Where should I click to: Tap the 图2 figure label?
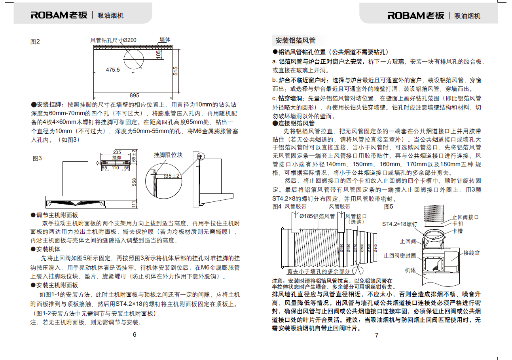(x=35, y=42)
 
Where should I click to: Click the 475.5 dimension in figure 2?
(x=112, y=70)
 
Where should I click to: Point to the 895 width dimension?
(x=135, y=95)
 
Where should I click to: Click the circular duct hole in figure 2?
(x=135, y=61)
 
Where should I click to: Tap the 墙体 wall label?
(x=165, y=40)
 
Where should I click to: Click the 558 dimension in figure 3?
(x=134, y=182)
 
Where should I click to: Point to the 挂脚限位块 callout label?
(x=168, y=155)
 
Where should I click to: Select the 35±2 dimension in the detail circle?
(x=172, y=175)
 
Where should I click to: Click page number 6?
(x=135, y=335)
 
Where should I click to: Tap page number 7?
(x=376, y=335)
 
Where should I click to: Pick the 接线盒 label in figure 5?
(x=472, y=252)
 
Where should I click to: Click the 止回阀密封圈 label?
(x=399, y=256)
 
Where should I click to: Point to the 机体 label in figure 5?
(x=410, y=270)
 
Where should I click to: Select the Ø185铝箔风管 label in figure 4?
(x=317, y=216)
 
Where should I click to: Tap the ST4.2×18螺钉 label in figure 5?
(x=400, y=224)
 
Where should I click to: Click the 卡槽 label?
(x=458, y=231)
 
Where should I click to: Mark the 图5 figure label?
(x=389, y=207)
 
